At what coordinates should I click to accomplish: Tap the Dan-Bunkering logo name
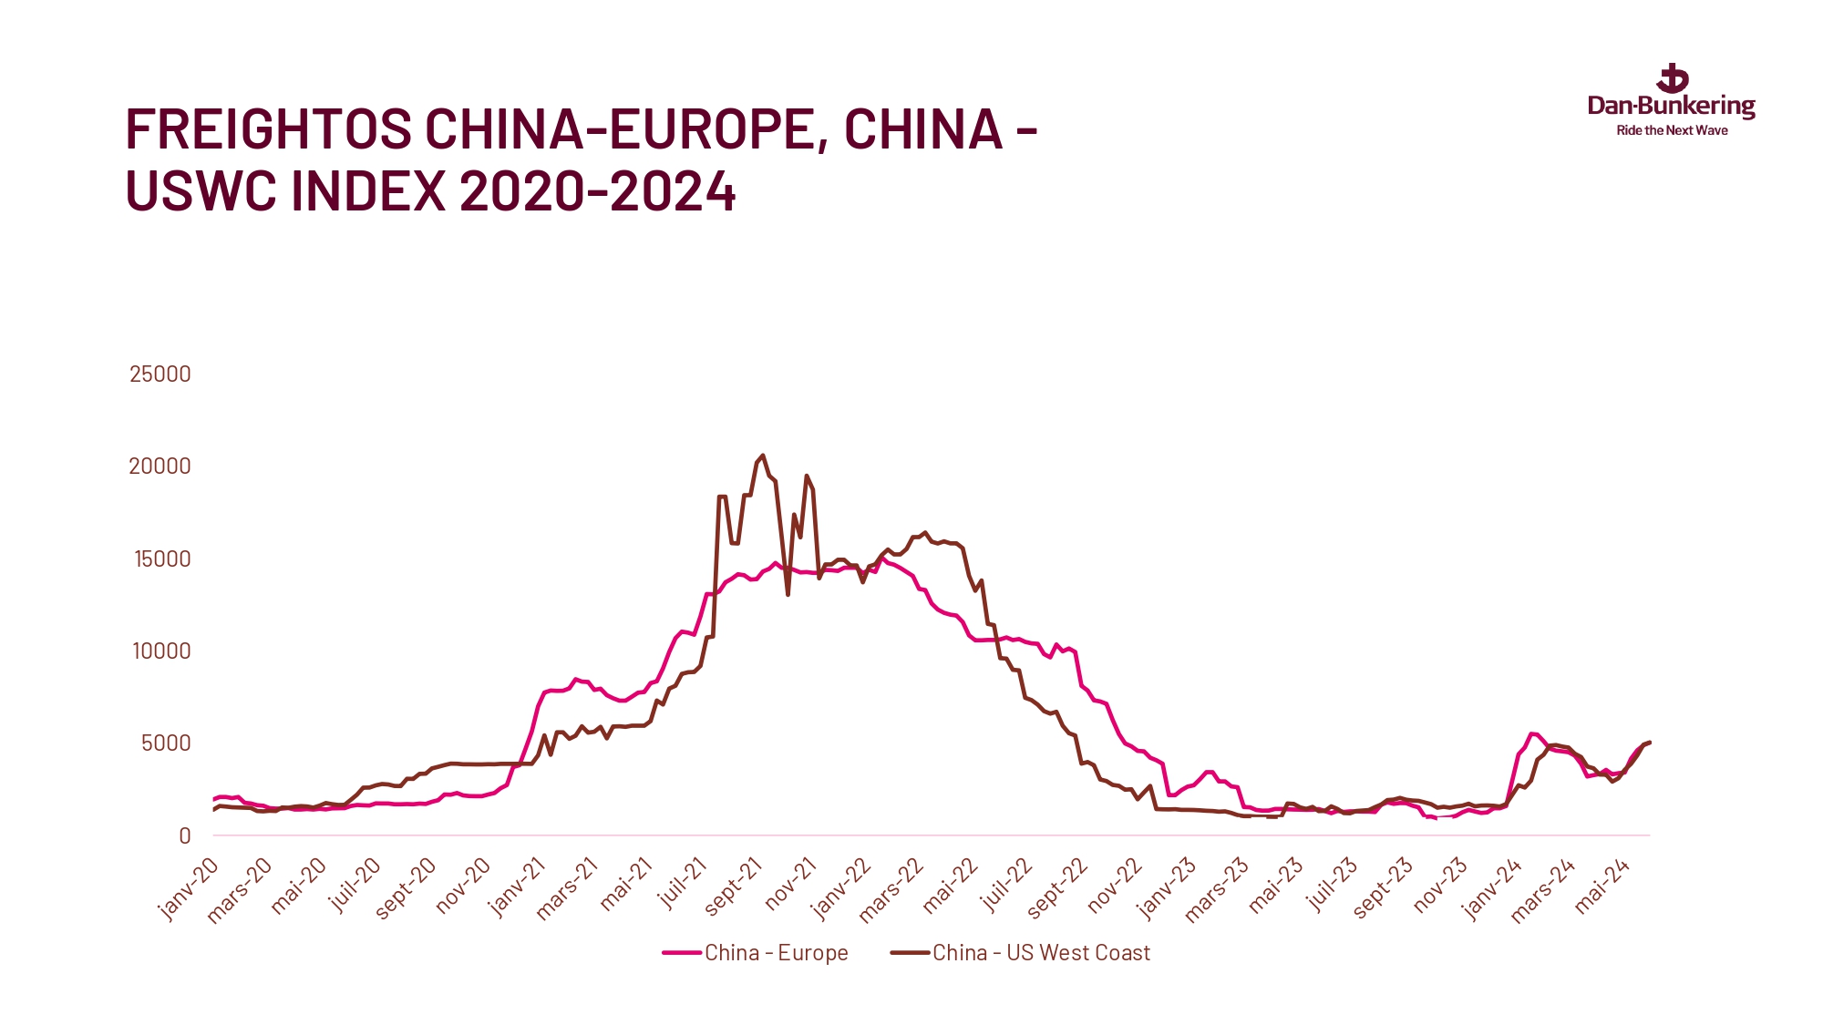click(x=1671, y=107)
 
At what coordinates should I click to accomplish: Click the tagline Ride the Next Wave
click(x=1672, y=130)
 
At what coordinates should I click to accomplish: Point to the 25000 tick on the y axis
click(x=160, y=374)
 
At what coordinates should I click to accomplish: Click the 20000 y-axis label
click(x=160, y=466)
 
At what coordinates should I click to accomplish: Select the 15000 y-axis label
click(x=162, y=559)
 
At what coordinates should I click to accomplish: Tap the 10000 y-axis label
click(x=161, y=651)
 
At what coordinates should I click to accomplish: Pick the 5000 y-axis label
click(x=166, y=743)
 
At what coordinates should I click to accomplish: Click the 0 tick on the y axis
click(x=185, y=835)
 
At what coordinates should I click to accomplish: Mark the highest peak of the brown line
click(x=763, y=456)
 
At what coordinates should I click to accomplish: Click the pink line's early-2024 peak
click(x=1532, y=733)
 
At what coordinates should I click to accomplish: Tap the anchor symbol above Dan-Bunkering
click(x=1673, y=78)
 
